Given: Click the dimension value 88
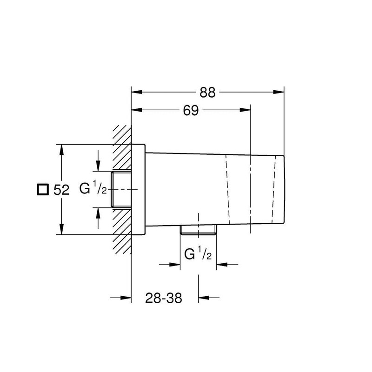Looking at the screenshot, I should click(x=208, y=93).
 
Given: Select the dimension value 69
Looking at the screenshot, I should click(x=191, y=111).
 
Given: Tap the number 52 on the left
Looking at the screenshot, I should click(x=61, y=190).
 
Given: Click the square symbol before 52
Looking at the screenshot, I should click(x=43, y=190).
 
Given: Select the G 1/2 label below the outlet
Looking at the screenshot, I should click(x=198, y=254).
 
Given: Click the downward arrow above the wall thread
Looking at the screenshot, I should click(x=98, y=166).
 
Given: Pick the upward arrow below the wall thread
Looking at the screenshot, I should click(x=98, y=213).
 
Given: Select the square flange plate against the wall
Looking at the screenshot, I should click(x=139, y=190).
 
